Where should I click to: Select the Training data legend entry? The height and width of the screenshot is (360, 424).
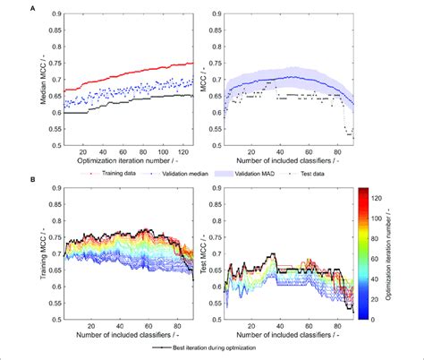(x=106, y=169)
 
